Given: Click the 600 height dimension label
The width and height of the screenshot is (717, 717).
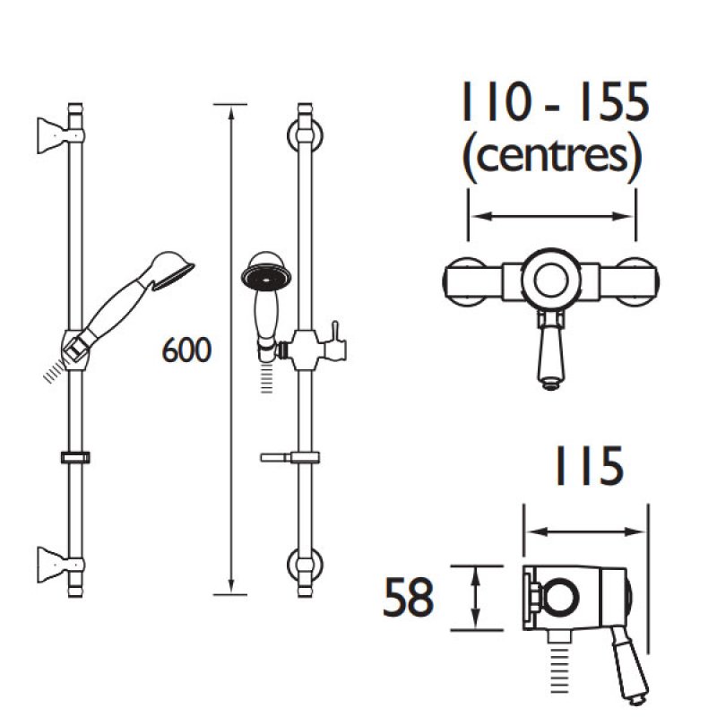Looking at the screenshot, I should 186,350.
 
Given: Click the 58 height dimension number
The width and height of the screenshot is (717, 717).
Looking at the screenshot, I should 409,599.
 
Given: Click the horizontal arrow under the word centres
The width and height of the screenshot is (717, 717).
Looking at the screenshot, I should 552,216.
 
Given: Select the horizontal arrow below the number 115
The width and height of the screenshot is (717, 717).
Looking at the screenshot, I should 585,531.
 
